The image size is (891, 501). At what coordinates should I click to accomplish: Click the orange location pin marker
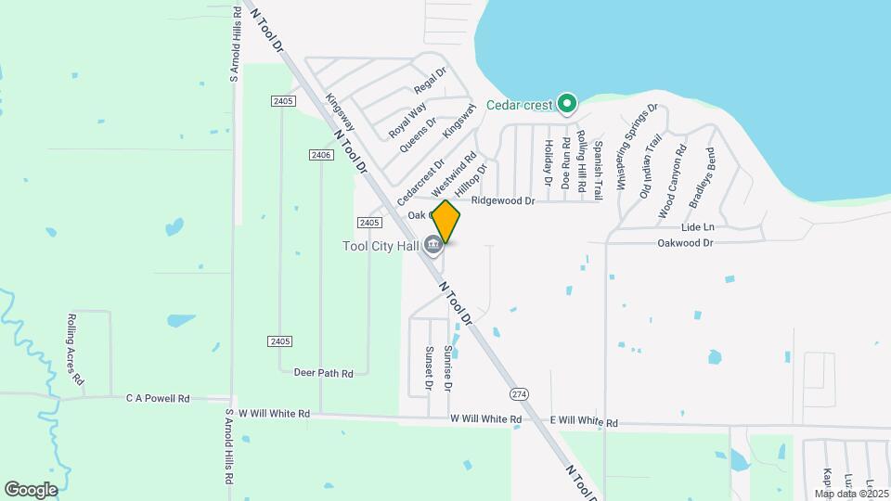(445, 222)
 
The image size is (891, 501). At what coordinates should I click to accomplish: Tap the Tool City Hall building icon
(433, 245)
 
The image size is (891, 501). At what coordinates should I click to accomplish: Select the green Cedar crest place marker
(567, 104)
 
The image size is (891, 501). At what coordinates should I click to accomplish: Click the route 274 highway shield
(520, 393)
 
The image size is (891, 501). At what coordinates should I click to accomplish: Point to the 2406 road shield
(321, 155)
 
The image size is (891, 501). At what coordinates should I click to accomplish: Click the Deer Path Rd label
(323, 373)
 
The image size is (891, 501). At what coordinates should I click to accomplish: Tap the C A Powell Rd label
(158, 398)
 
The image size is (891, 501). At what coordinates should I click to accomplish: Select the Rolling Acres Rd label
(75, 349)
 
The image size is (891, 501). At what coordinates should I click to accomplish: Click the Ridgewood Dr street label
(503, 200)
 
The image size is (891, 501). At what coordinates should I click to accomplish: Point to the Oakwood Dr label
(684, 243)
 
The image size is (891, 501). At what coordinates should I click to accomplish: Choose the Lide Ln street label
(698, 226)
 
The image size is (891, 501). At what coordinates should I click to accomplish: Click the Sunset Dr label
(430, 367)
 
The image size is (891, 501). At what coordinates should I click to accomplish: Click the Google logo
(32, 489)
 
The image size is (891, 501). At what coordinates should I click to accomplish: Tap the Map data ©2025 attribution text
(850, 493)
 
